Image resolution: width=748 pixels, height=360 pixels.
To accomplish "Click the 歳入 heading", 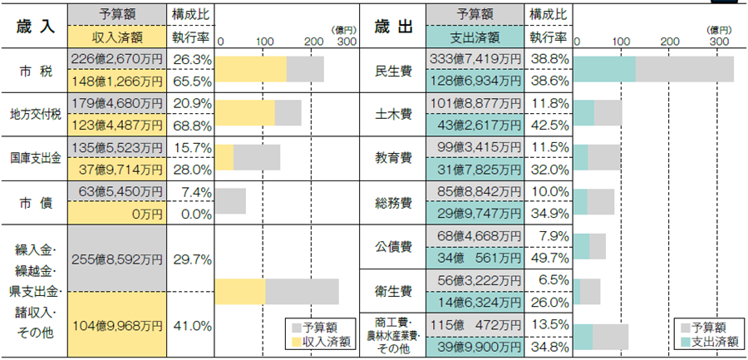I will [34, 27].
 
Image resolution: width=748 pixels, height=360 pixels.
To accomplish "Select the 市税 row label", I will [34, 70].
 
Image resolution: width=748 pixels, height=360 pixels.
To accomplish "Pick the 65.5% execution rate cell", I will [191, 81].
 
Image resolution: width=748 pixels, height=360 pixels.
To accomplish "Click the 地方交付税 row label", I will [34, 114].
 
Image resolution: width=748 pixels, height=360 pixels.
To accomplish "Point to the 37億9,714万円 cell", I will [116, 169].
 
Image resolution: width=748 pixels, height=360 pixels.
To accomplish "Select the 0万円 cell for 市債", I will [116, 214].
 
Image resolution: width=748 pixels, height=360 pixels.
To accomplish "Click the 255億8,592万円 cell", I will [116, 259].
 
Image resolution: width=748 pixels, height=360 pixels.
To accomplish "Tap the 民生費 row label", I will [392, 70].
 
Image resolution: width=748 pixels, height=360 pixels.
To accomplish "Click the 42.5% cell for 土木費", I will [549, 125].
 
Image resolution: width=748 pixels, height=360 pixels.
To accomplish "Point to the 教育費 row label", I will [392, 158].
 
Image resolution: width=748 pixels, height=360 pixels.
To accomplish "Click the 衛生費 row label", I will [392, 291].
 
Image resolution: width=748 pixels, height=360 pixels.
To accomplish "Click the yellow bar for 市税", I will [251, 70].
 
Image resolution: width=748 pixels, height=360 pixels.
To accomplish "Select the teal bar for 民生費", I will [604, 70].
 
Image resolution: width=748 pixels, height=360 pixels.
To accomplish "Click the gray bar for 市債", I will [230, 202].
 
